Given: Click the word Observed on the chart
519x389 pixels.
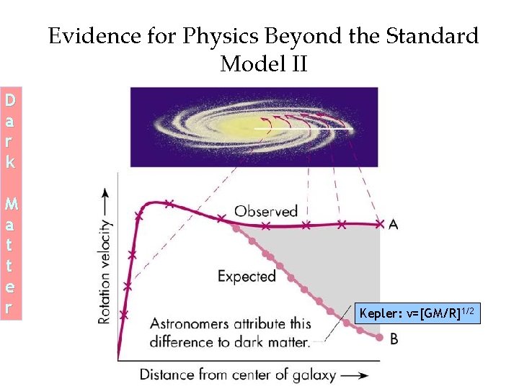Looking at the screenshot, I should pyautogui.click(x=266, y=211).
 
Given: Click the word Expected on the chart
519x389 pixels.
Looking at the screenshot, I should pyautogui.click(x=247, y=276).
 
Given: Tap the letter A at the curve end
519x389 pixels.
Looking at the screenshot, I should pyautogui.click(x=394, y=225).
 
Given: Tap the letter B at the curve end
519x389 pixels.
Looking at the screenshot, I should pyautogui.click(x=394, y=338).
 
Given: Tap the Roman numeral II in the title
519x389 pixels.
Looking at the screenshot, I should pyautogui.click(x=298, y=65).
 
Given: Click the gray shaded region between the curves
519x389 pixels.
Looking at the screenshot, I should pyautogui.click(x=339, y=267).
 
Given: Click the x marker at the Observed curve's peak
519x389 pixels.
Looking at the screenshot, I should pyautogui.click(x=169, y=203).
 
